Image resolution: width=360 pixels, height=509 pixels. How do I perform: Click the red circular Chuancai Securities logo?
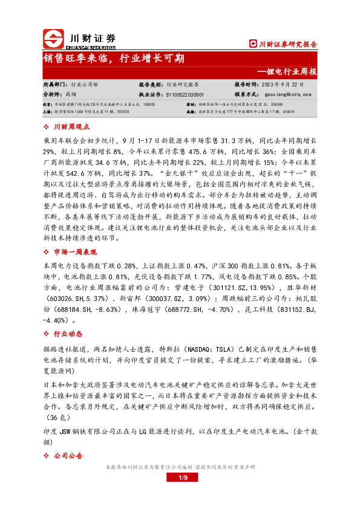point(53,39)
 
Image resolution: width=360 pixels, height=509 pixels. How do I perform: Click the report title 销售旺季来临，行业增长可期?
point(114,59)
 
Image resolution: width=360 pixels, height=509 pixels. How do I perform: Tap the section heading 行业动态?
point(67,333)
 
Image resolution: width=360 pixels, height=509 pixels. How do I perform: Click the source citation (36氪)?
point(53,418)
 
